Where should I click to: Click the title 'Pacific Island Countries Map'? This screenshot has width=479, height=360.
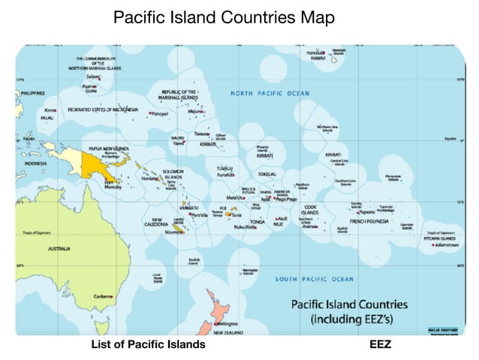pos(223,17)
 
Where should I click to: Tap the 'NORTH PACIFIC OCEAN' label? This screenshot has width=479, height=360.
pos(270,93)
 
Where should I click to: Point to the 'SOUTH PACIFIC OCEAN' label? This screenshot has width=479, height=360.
pos(314,279)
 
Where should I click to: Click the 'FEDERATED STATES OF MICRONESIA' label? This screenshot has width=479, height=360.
pos(103,110)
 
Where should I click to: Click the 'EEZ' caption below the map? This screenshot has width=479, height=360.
pos(381,345)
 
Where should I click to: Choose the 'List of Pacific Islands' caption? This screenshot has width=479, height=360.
pos(148,345)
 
